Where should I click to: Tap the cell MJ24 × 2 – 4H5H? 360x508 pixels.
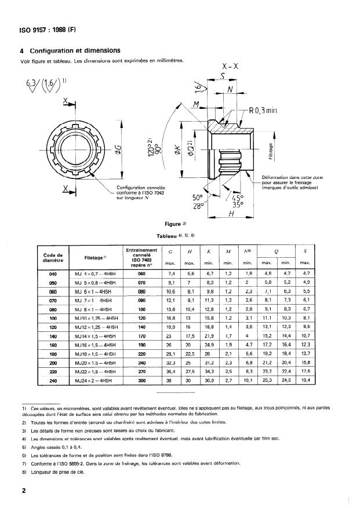101,381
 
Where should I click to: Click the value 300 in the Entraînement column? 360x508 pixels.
141,381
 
